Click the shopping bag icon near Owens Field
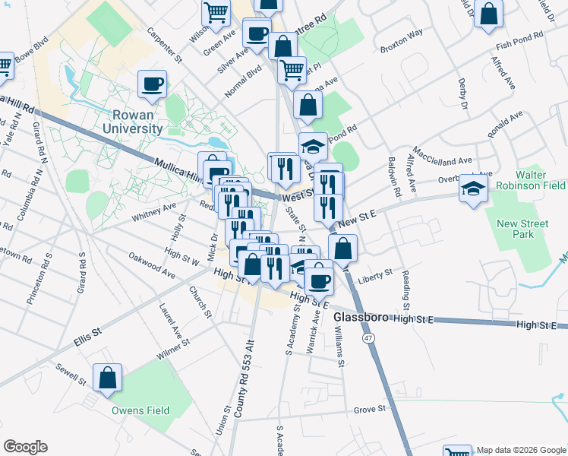[108, 378]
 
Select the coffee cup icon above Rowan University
[153, 84]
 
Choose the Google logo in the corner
[25, 447]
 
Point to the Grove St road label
[371, 410]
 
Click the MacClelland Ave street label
[442, 155]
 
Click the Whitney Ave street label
[153, 211]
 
